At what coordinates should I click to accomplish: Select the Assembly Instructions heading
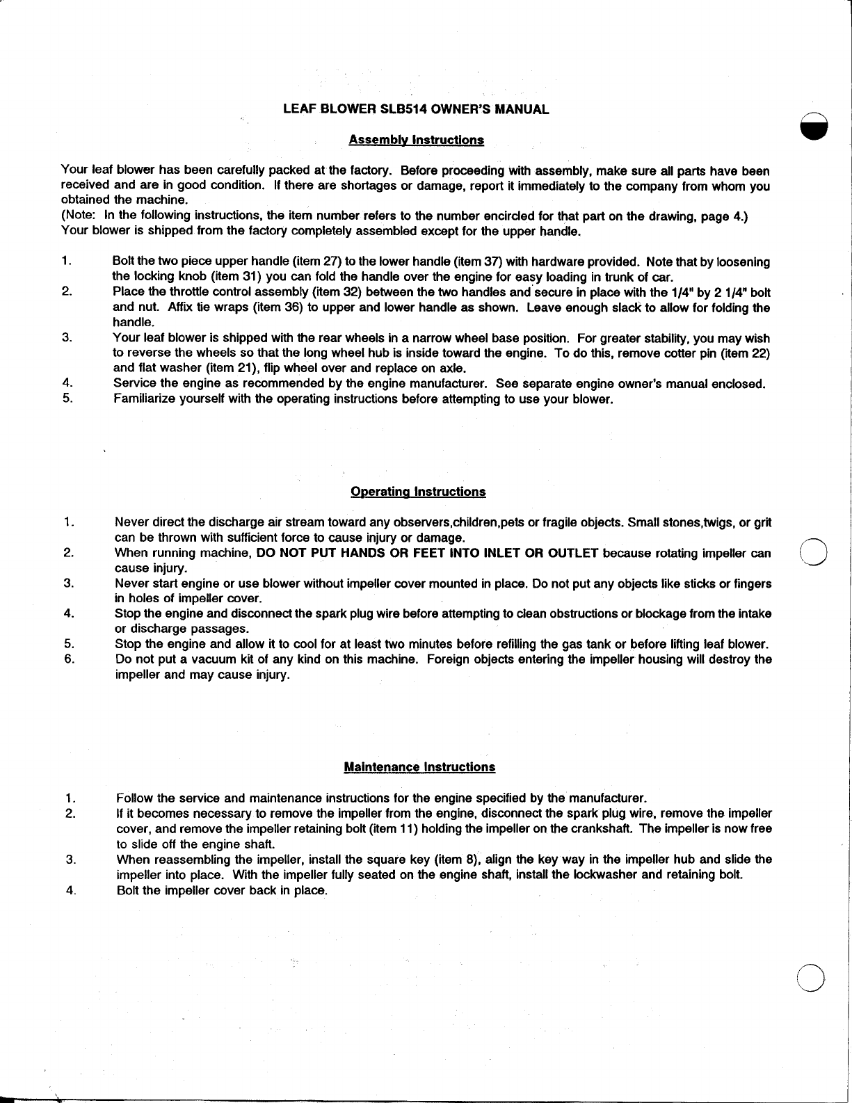point(416,140)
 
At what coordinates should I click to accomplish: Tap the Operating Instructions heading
point(418,492)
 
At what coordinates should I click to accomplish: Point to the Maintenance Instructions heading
point(419,767)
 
